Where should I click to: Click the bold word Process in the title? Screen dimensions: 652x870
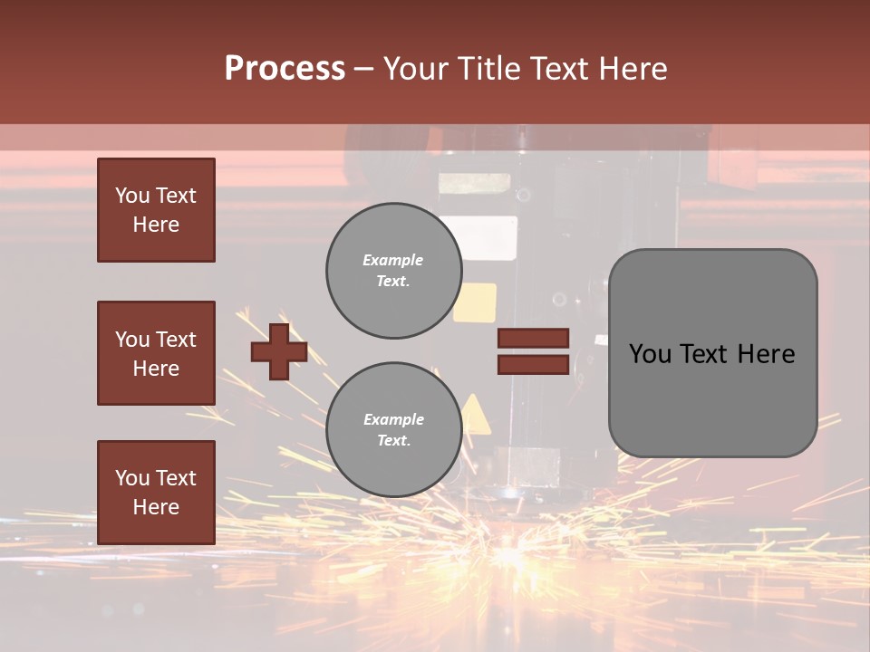click(285, 69)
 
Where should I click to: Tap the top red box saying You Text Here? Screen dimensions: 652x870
click(156, 210)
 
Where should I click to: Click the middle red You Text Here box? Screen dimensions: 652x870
click(156, 353)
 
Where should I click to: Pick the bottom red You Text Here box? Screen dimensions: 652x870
click(156, 492)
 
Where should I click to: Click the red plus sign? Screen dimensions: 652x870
click(278, 351)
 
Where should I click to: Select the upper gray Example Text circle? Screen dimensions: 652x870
click(393, 271)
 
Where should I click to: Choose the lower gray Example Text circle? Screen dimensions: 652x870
click(393, 430)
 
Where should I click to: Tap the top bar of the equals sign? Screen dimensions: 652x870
click(534, 339)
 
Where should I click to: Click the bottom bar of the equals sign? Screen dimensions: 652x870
click(534, 364)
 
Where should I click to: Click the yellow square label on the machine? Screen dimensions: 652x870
click(476, 302)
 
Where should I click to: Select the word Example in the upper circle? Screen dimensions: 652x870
click(393, 260)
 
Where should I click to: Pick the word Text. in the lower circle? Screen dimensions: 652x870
click(393, 441)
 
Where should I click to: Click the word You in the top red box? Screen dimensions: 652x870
click(132, 196)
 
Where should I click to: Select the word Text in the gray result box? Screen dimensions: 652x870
click(710, 354)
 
